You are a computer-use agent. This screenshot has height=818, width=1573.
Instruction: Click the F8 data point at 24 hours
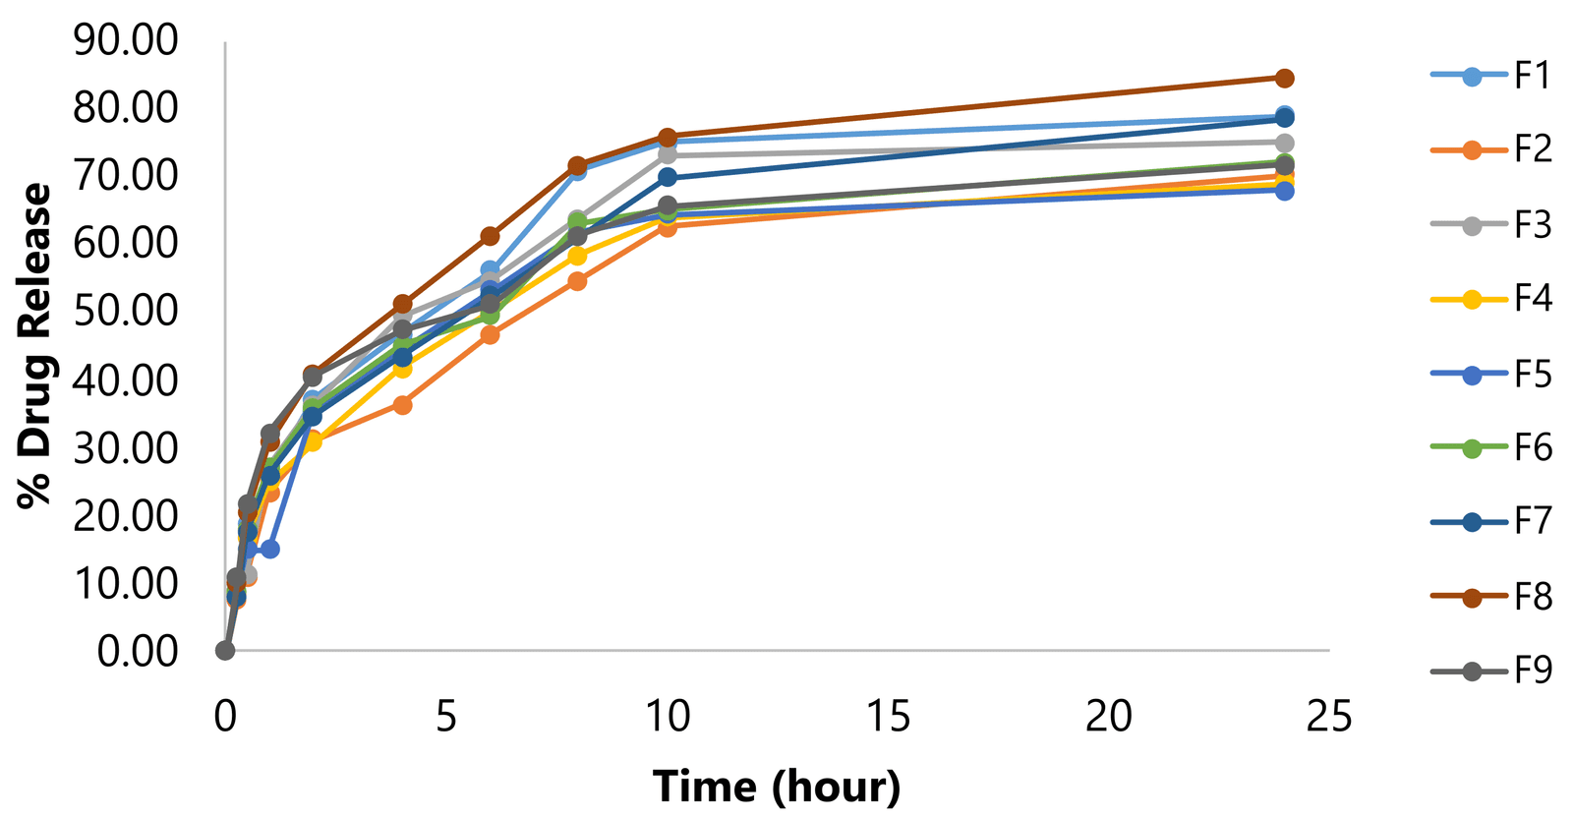pyautogui.click(x=1284, y=79)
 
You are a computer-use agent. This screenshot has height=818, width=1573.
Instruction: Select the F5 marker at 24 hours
pyautogui.click(x=1284, y=191)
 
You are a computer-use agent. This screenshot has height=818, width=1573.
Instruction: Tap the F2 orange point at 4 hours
pyautogui.click(x=402, y=405)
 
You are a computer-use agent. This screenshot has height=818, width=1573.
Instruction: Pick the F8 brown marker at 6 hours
pyautogui.click(x=490, y=236)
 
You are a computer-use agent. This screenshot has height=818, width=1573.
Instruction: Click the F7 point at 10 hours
pyautogui.click(x=668, y=177)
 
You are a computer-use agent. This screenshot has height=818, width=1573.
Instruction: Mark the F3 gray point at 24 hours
pyautogui.click(x=1284, y=143)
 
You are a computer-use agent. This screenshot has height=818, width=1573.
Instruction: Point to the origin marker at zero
pyautogui.click(x=225, y=651)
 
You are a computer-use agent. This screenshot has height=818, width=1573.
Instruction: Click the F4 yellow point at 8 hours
pyautogui.click(x=577, y=257)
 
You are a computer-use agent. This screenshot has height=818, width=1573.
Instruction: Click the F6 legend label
pyautogui.click(x=1532, y=448)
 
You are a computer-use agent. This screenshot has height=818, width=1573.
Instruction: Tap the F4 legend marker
pyautogui.click(x=1472, y=299)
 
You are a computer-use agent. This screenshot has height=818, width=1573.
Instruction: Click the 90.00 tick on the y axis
pyautogui.click(x=126, y=40)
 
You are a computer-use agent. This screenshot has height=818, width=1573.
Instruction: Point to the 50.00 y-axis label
pyautogui.click(x=126, y=312)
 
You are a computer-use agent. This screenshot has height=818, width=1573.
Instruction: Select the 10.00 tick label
pyautogui.click(x=126, y=583)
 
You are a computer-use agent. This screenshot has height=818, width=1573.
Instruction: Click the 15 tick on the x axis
pyautogui.click(x=888, y=717)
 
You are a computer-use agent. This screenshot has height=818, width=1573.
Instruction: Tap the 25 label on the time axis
pyautogui.click(x=1329, y=717)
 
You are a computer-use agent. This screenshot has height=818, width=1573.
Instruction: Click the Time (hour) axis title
pyautogui.click(x=777, y=788)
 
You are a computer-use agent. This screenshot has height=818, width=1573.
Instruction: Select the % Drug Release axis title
pyautogui.click(x=36, y=346)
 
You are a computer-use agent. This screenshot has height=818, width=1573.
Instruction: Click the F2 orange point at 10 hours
pyautogui.click(x=668, y=226)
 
